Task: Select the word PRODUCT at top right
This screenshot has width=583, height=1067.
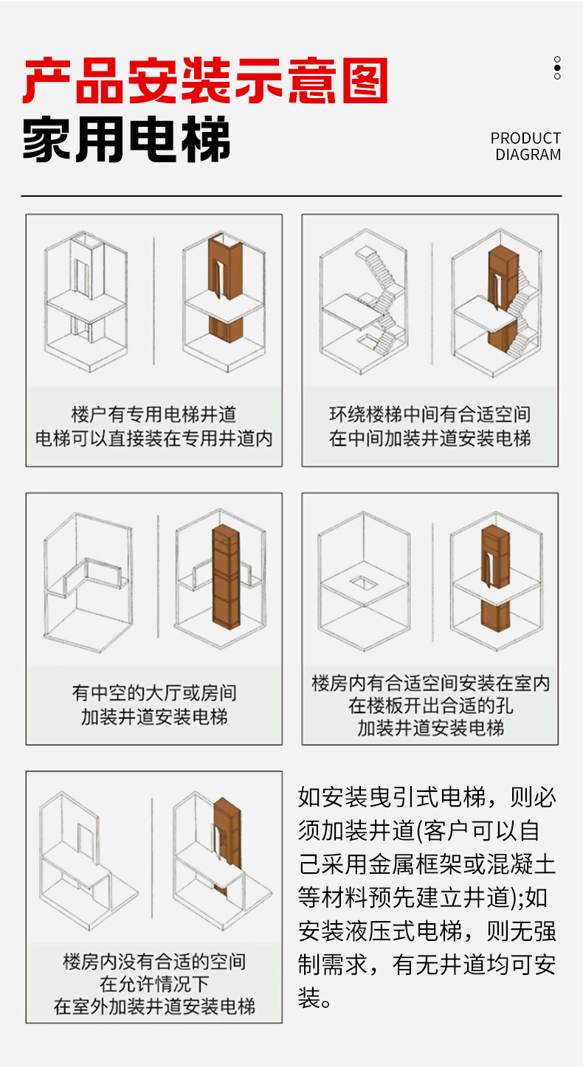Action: coord(525,138)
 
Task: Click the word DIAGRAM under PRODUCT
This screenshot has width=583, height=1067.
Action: coord(528,155)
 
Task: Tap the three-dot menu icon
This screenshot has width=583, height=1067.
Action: coord(557,68)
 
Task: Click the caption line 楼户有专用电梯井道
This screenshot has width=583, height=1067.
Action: coord(153,414)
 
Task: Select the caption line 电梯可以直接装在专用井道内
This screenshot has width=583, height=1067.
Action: coord(153,439)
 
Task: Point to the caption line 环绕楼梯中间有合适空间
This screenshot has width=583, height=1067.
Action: coord(430,414)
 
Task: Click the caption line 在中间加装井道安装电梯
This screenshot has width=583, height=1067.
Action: coord(430,439)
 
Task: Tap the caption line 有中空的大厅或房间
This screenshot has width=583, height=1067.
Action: coord(153,693)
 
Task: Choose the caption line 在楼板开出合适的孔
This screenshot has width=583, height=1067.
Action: coord(430,706)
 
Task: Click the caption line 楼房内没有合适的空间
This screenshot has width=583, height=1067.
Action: coord(153,962)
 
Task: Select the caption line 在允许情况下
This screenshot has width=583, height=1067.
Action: coord(153,984)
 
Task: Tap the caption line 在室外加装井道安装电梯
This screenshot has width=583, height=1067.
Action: coord(153,1006)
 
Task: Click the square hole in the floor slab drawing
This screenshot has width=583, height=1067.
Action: coord(363,582)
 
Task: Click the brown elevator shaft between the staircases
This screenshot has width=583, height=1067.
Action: coord(503,295)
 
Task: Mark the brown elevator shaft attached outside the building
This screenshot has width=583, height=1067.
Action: coord(227,833)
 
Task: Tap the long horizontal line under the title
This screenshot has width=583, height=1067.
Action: coord(291,196)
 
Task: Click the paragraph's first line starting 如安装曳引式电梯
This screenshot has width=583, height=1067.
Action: coord(427,797)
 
